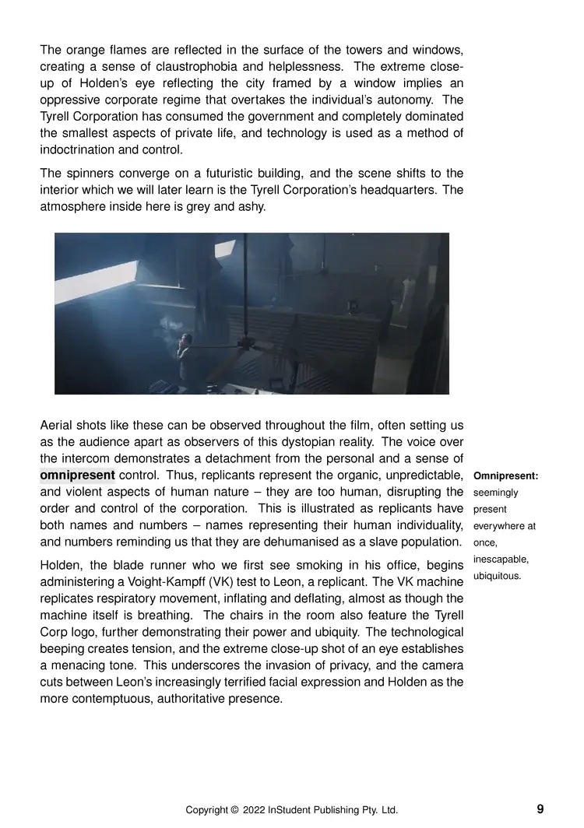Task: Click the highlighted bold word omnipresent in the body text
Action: tap(77, 475)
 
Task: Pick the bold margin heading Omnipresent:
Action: tap(505, 475)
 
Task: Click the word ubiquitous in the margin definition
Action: tap(497, 577)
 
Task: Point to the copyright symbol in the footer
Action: tap(234, 810)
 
